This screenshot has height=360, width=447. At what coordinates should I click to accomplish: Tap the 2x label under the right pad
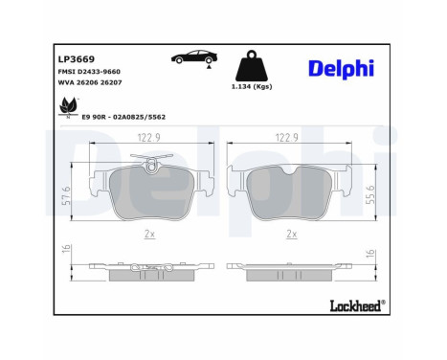pos(290,233)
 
